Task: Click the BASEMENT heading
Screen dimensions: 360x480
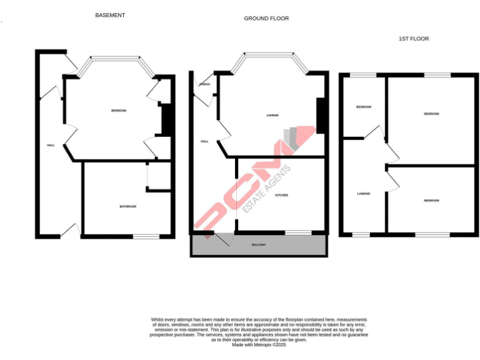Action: pyautogui.click(x=110, y=15)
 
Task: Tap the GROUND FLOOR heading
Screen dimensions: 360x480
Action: pyautogui.click(x=266, y=19)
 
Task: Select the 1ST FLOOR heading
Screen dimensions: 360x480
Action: pyautogui.click(x=414, y=39)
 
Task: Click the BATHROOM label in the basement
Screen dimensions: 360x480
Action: pyautogui.click(x=128, y=206)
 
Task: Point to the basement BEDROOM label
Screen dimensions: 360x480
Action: pyautogui.click(x=119, y=111)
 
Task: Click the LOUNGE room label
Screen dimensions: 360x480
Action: pyautogui.click(x=272, y=115)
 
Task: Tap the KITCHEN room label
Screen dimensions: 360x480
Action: pyautogui.click(x=281, y=196)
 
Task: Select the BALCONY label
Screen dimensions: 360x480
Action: pyautogui.click(x=259, y=244)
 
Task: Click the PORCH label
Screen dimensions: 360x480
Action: pyautogui.click(x=204, y=84)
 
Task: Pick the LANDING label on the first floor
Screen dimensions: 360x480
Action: pyautogui.click(x=364, y=194)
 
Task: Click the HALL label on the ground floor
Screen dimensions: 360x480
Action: pyautogui.click(x=204, y=142)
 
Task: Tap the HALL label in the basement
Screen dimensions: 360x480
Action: pyautogui.click(x=51, y=145)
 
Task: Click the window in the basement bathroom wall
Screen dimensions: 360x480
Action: pyautogui.click(x=146, y=236)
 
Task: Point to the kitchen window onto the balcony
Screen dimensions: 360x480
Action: pyautogui.click(x=298, y=233)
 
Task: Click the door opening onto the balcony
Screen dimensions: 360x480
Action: pyautogui.click(x=224, y=237)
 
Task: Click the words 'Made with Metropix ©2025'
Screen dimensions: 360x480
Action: pyautogui.click(x=259, y=345)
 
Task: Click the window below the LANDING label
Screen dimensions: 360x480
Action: pyautogui.click(x=361, y=235)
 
